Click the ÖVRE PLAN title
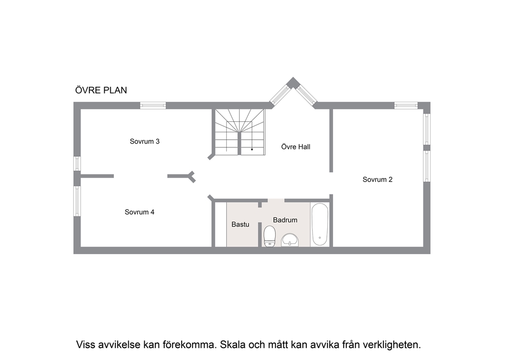pyautogui.click(x=101, y=90)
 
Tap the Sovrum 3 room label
pyautogui.click(x=145, y=141)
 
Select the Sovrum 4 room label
pyautogui.click(x=140, y=212)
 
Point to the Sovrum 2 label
pyautogui.click(x=378, y=179)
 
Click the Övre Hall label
pyautogui.click(x=296, y=146)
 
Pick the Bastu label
pyautogui.click(x=240, y=224)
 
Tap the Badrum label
pyautogui.click(x=285, y=220)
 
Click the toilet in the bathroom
pyautogui.click(x=269, y=236)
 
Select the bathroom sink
pyautogui.click(x=290, y=240)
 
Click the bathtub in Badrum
pyautogui.click(x=320, y=224)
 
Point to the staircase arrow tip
pyautogui.click(x=252, y=150)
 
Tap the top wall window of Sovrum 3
pyautogui.click(x=153, y=105)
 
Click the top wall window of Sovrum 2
pyautogui.click(x=406, y=105)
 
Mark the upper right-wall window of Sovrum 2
pyautogui.click(x=427, y=129)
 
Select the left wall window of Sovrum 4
pyautogui.click(x=77, y=201)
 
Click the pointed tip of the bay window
pyautogui.click(x=293, y=78)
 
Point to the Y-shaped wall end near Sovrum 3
pyautogui.click(x=192, y=177)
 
